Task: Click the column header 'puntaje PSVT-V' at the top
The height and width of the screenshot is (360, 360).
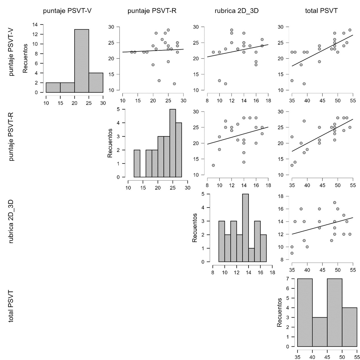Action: (67, 11)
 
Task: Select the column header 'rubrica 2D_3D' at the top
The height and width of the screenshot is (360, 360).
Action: (237, 11)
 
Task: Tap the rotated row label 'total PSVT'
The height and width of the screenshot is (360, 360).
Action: (11, 306)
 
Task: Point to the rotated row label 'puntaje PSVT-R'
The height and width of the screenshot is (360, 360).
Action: (11, 136)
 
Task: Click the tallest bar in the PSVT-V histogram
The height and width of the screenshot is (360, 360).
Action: (82, 61)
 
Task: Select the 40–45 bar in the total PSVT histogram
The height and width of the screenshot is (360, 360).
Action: (320, 332)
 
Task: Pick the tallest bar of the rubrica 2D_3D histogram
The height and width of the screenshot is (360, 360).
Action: (245, 228)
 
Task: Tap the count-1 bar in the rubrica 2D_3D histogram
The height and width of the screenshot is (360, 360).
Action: (251, 255)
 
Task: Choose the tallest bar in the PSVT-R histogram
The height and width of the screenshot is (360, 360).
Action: (173, 143)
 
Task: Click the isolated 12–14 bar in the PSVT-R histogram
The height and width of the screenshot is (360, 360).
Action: (137, 163)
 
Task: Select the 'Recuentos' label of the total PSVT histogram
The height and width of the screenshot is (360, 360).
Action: (280, 312)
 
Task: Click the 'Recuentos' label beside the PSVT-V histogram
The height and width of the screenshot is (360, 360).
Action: (26, 58)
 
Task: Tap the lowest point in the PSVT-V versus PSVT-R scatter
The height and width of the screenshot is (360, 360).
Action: (174, 84)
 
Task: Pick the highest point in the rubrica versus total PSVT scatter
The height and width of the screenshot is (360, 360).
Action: (334, 202)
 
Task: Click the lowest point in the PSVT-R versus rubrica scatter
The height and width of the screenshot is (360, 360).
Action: (213, 165)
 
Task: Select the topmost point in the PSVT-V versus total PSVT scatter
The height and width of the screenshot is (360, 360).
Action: (350, 30)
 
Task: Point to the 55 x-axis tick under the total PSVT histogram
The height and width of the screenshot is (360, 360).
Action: (357, 357)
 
